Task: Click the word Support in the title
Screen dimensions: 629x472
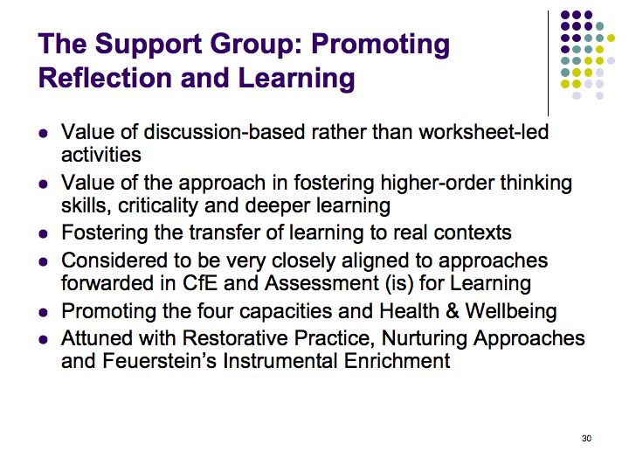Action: point(149,45)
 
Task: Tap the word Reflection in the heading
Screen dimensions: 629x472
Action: point(107,78)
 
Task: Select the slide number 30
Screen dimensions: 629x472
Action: point(586,438)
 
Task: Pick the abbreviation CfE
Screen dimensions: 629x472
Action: point(200,283)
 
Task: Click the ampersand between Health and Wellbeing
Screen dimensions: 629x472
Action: point(453,311)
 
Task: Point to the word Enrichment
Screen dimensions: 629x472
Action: point(397,361)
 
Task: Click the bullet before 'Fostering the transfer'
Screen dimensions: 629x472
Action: point(44,233)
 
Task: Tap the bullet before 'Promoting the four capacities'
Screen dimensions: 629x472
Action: point(44,312)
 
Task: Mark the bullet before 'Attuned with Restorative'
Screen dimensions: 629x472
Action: point(44,339)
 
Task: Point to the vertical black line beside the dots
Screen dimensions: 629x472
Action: point(548,63)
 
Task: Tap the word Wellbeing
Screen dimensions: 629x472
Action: point(511,312)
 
